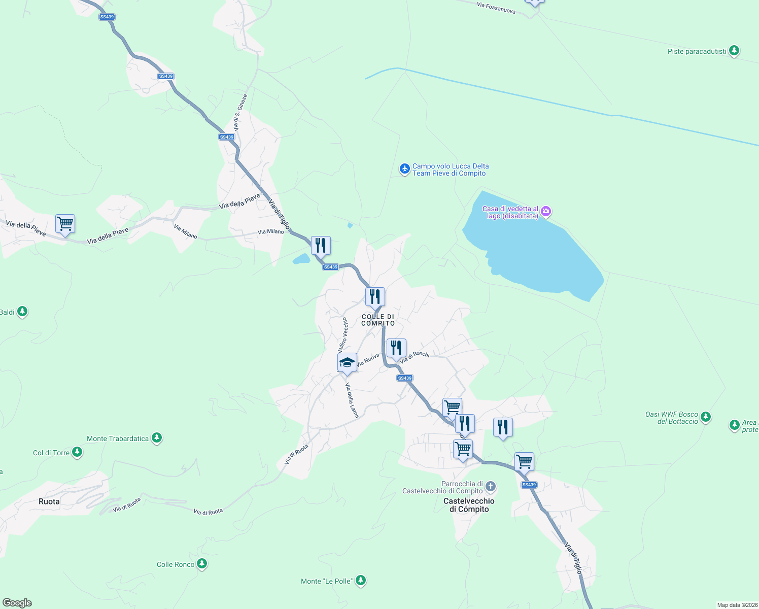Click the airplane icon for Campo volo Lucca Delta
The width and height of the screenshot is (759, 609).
tap(404, 169)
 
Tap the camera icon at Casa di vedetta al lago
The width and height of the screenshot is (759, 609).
tap(546, 212)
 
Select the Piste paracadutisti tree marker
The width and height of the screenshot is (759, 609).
tap(734, 51)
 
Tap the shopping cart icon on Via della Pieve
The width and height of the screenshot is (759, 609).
tap(65, 224)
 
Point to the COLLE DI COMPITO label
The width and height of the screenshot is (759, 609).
tap(378, 320)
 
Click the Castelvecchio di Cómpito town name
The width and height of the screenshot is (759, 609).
tap(469, 505)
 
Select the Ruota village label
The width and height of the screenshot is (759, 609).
tap(49, 501)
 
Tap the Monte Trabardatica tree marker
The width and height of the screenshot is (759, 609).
tap(157, 438)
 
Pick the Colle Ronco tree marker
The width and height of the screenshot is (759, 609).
tap(202, 564)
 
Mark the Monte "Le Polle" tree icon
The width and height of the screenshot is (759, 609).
tap(361, 580)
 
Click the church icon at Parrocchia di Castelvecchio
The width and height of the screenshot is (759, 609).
tap(490, 487)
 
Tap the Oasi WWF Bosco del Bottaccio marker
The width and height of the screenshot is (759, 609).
tap(706, 417)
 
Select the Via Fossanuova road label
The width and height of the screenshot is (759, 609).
tap(496, 8)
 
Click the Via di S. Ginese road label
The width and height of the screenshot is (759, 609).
tap(240, 113)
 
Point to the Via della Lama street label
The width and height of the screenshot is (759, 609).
tap(353, 400)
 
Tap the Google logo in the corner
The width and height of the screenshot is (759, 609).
tap(17, 603)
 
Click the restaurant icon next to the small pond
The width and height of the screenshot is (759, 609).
tap(320, 246)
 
